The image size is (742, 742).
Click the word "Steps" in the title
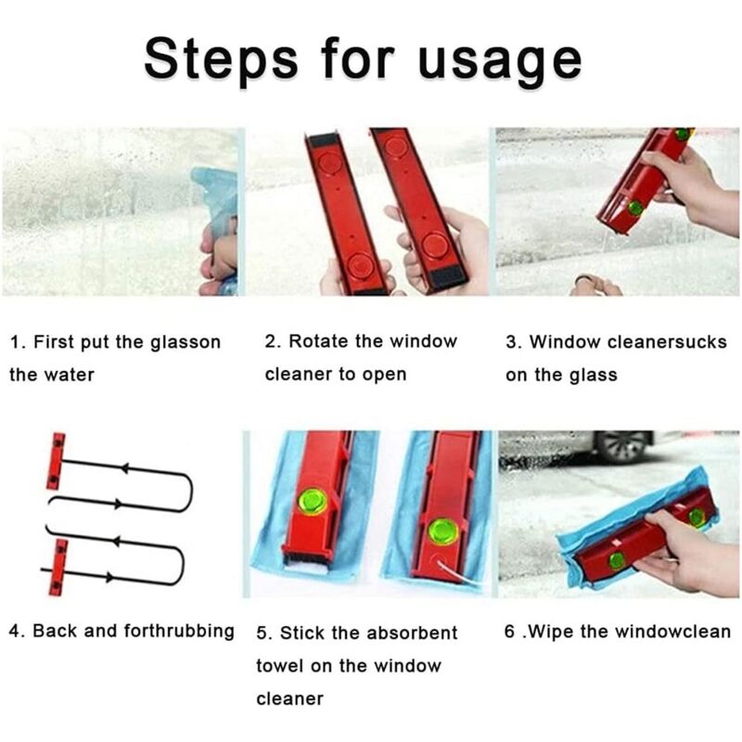click(x=222, y=59)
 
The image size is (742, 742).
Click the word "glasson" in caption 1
click(x=185, y=342)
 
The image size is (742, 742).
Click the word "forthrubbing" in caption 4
click(x=179, y=632)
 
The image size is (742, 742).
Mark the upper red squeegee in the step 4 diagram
click(x=57, y=460)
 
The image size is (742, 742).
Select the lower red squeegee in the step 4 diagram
click(x=58, y=567)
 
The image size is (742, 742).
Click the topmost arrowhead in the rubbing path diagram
click(x=124, y=468)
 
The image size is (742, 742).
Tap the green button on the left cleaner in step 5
click(x=313, y=502)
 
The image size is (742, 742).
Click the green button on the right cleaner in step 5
click(x=443, y=531)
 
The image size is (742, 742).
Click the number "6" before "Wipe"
click(x=509, y=632)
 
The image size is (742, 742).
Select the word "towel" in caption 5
click(x=280, y=666)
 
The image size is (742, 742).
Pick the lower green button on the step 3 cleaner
click(x=635, y=207)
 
